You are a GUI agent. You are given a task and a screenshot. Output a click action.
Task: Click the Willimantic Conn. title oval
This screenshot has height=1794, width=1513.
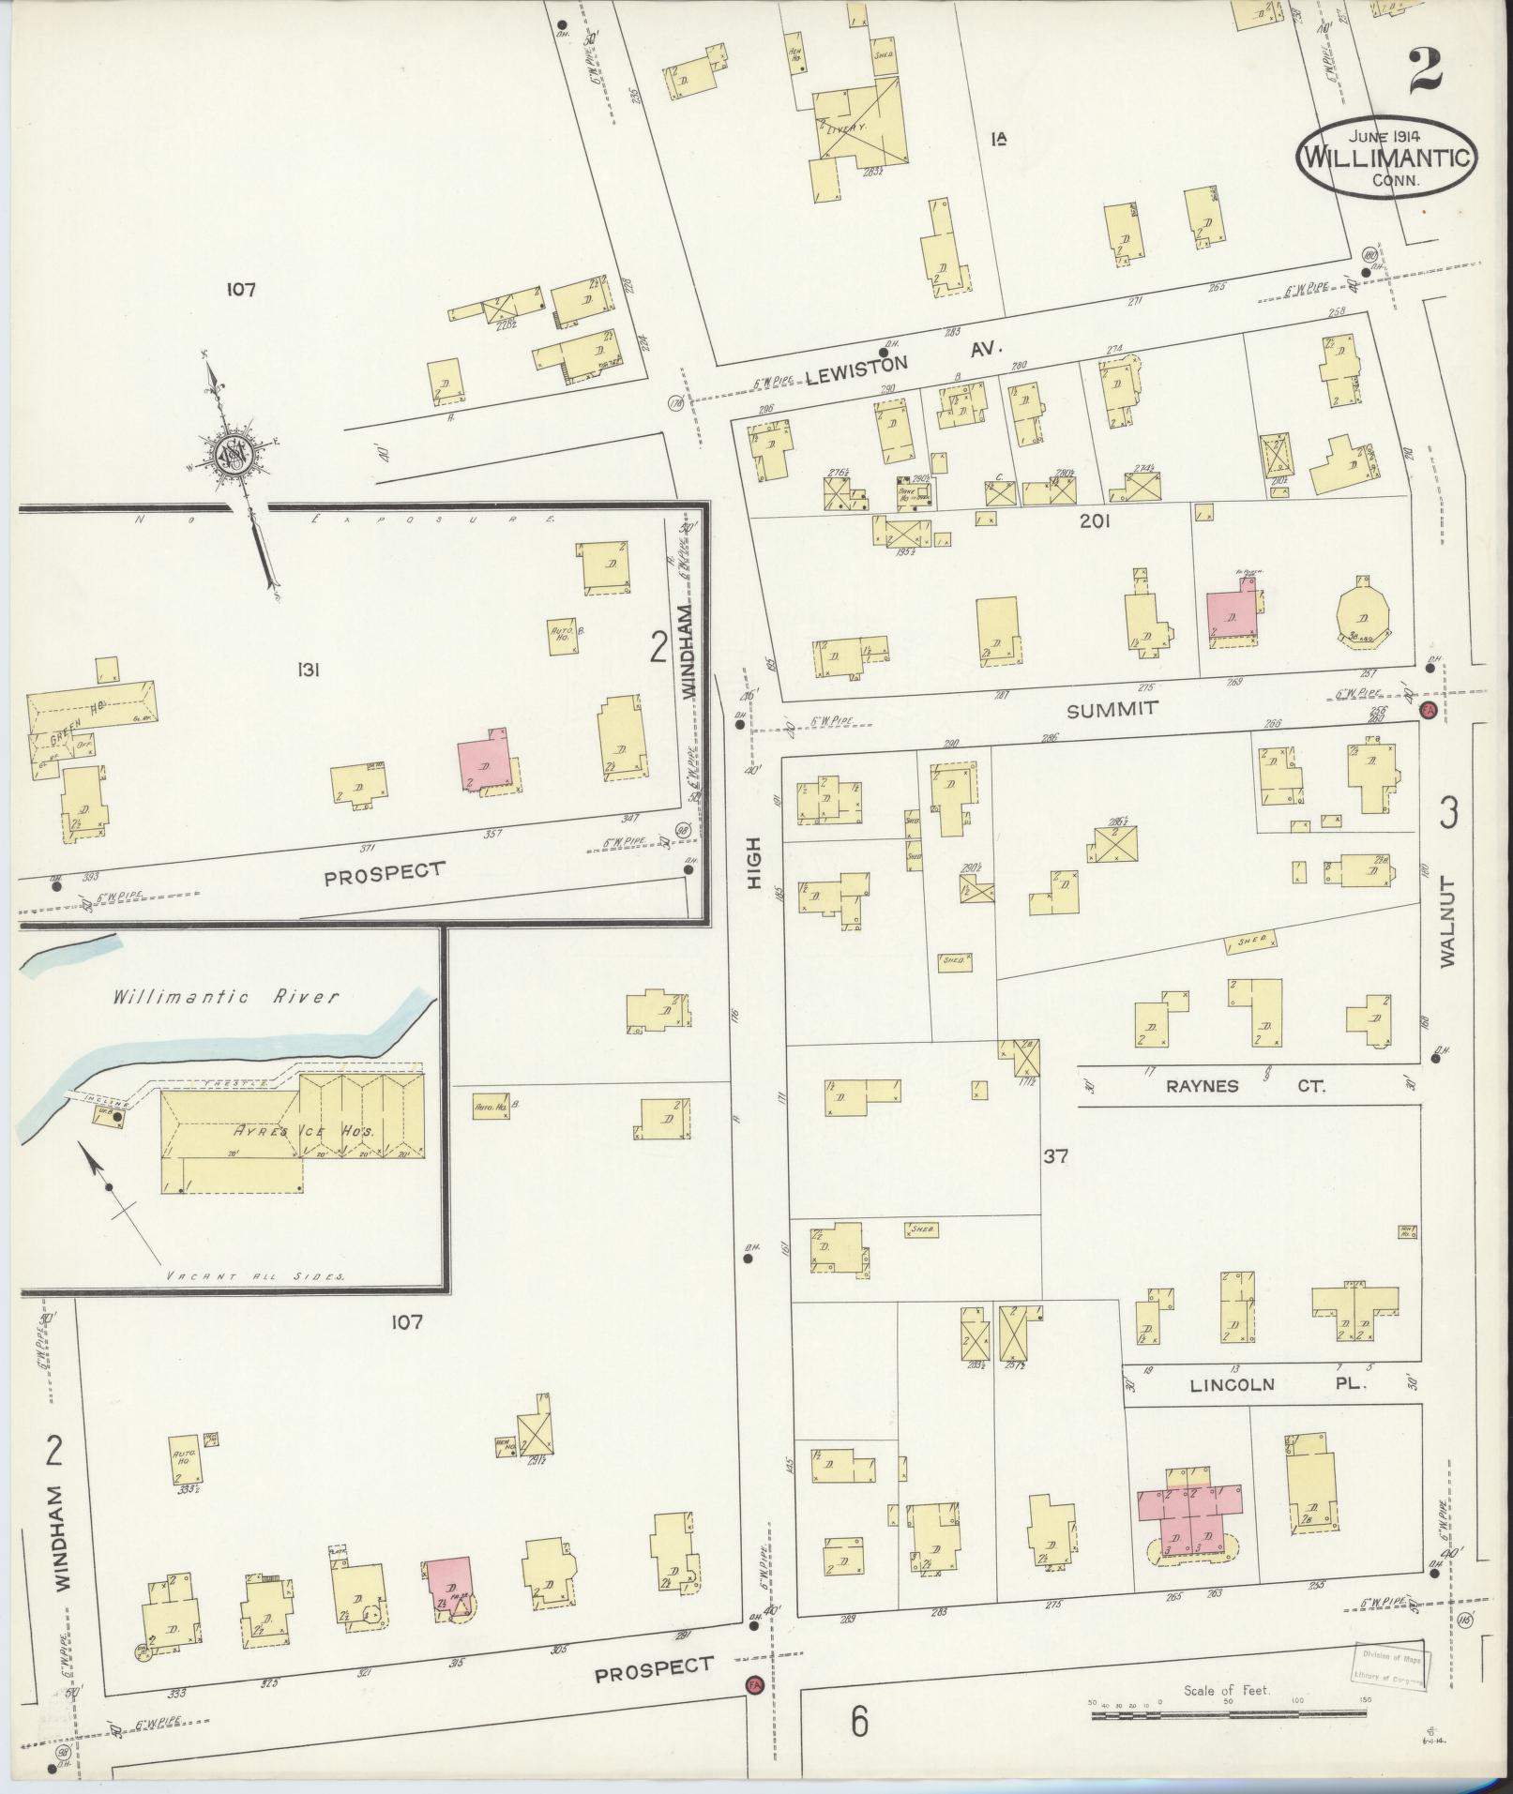pyautogui.click(x=1386, y=159)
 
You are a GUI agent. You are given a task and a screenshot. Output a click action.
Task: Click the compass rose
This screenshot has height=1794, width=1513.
pyautogui.click(x=232, y=456)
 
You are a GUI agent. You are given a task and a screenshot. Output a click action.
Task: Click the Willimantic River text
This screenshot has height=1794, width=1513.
pyautogui.click(x=225, y=997)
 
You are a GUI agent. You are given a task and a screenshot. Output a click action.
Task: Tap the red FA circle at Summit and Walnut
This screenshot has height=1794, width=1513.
pyautogui.click(x=1430, y=710)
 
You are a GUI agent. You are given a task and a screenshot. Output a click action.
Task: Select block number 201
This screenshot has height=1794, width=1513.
pyautogui.click(x=1094, y=520)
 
